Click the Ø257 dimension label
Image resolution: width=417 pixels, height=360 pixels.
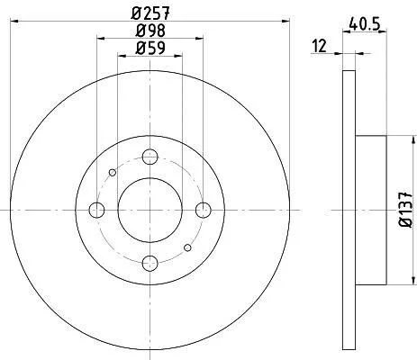point(150,13)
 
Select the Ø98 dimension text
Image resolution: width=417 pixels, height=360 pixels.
point(150,31)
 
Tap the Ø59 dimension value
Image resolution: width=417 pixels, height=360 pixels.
point(150,48)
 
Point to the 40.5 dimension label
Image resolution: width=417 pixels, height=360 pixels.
point(365,24)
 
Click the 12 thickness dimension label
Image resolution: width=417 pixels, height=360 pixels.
point(319,46)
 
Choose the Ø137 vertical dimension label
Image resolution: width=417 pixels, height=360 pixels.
point(406,209)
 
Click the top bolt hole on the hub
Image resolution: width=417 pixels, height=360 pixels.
point(150,157)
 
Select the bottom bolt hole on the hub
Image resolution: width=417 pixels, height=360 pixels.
point(150,263)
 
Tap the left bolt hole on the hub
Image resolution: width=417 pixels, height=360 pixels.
point(96,210)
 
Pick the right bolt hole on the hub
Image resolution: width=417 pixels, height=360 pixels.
point(204,210)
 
